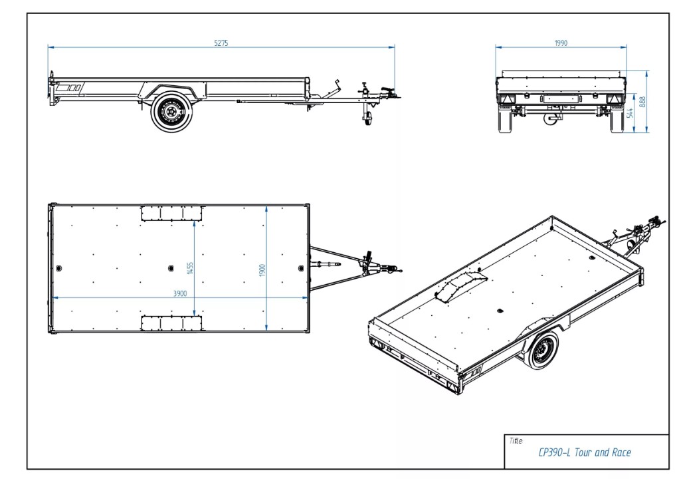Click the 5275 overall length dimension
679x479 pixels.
tap(221, 43)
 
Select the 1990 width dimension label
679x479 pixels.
tap(561, 43)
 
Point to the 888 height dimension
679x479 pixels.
tap(642, 102)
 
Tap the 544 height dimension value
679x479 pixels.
tap(629, 113)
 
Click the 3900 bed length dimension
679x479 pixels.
tap(180, 293)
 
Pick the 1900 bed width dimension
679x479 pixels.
tap(262, 269)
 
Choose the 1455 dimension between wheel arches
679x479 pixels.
tap(190, 268)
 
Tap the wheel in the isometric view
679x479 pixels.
tap(541, 351)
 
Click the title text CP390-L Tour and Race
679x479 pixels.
tap(584, 453)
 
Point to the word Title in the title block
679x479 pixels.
tap(516, 440)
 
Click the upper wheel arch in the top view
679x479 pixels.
tap(171, 213)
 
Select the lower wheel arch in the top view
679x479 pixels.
tap(171, 323)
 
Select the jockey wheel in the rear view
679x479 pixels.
tap(551, 118)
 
